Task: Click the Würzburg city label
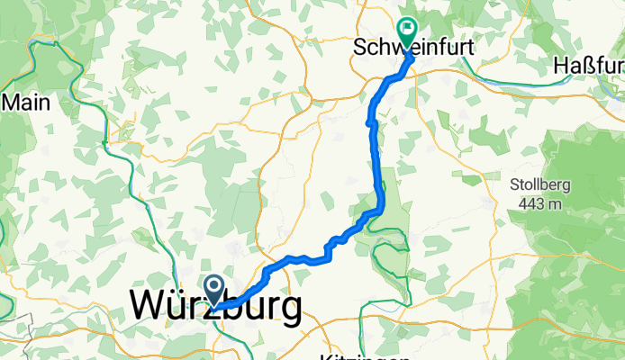[216, 308]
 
